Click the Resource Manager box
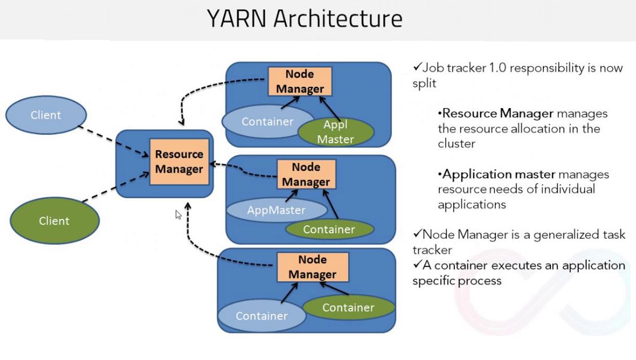pyautogui.click(x=179, y=162)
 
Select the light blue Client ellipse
pyautogui.click(x=46, y=115)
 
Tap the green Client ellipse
pyautogui.click(x=54, y=221)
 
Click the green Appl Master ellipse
pyautogui.click(x=335, y=131)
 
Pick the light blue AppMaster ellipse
pyautogui.click(x=276, y=210)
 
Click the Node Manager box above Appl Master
pyautogui.click(x=300, y=81)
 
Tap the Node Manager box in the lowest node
pyautogui.click(x=312, y=266)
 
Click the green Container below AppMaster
pyautogui.click(x=329, y=230)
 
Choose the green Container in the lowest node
pyautogui.click(x=347, y=308)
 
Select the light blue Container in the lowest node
pyautogui.click(x=261, y=316)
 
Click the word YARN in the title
pyautogui.click(x=237, y=19)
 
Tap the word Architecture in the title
pyautogui.click(x=338, y=19)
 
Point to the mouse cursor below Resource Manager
pyautogui.click(x=178, y=214)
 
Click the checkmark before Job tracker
pyautogui.click(x=417, y=68)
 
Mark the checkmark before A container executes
pyautogui.click(x=417, y=265)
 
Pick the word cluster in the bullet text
pyautogui.click(x=457, y=143)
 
